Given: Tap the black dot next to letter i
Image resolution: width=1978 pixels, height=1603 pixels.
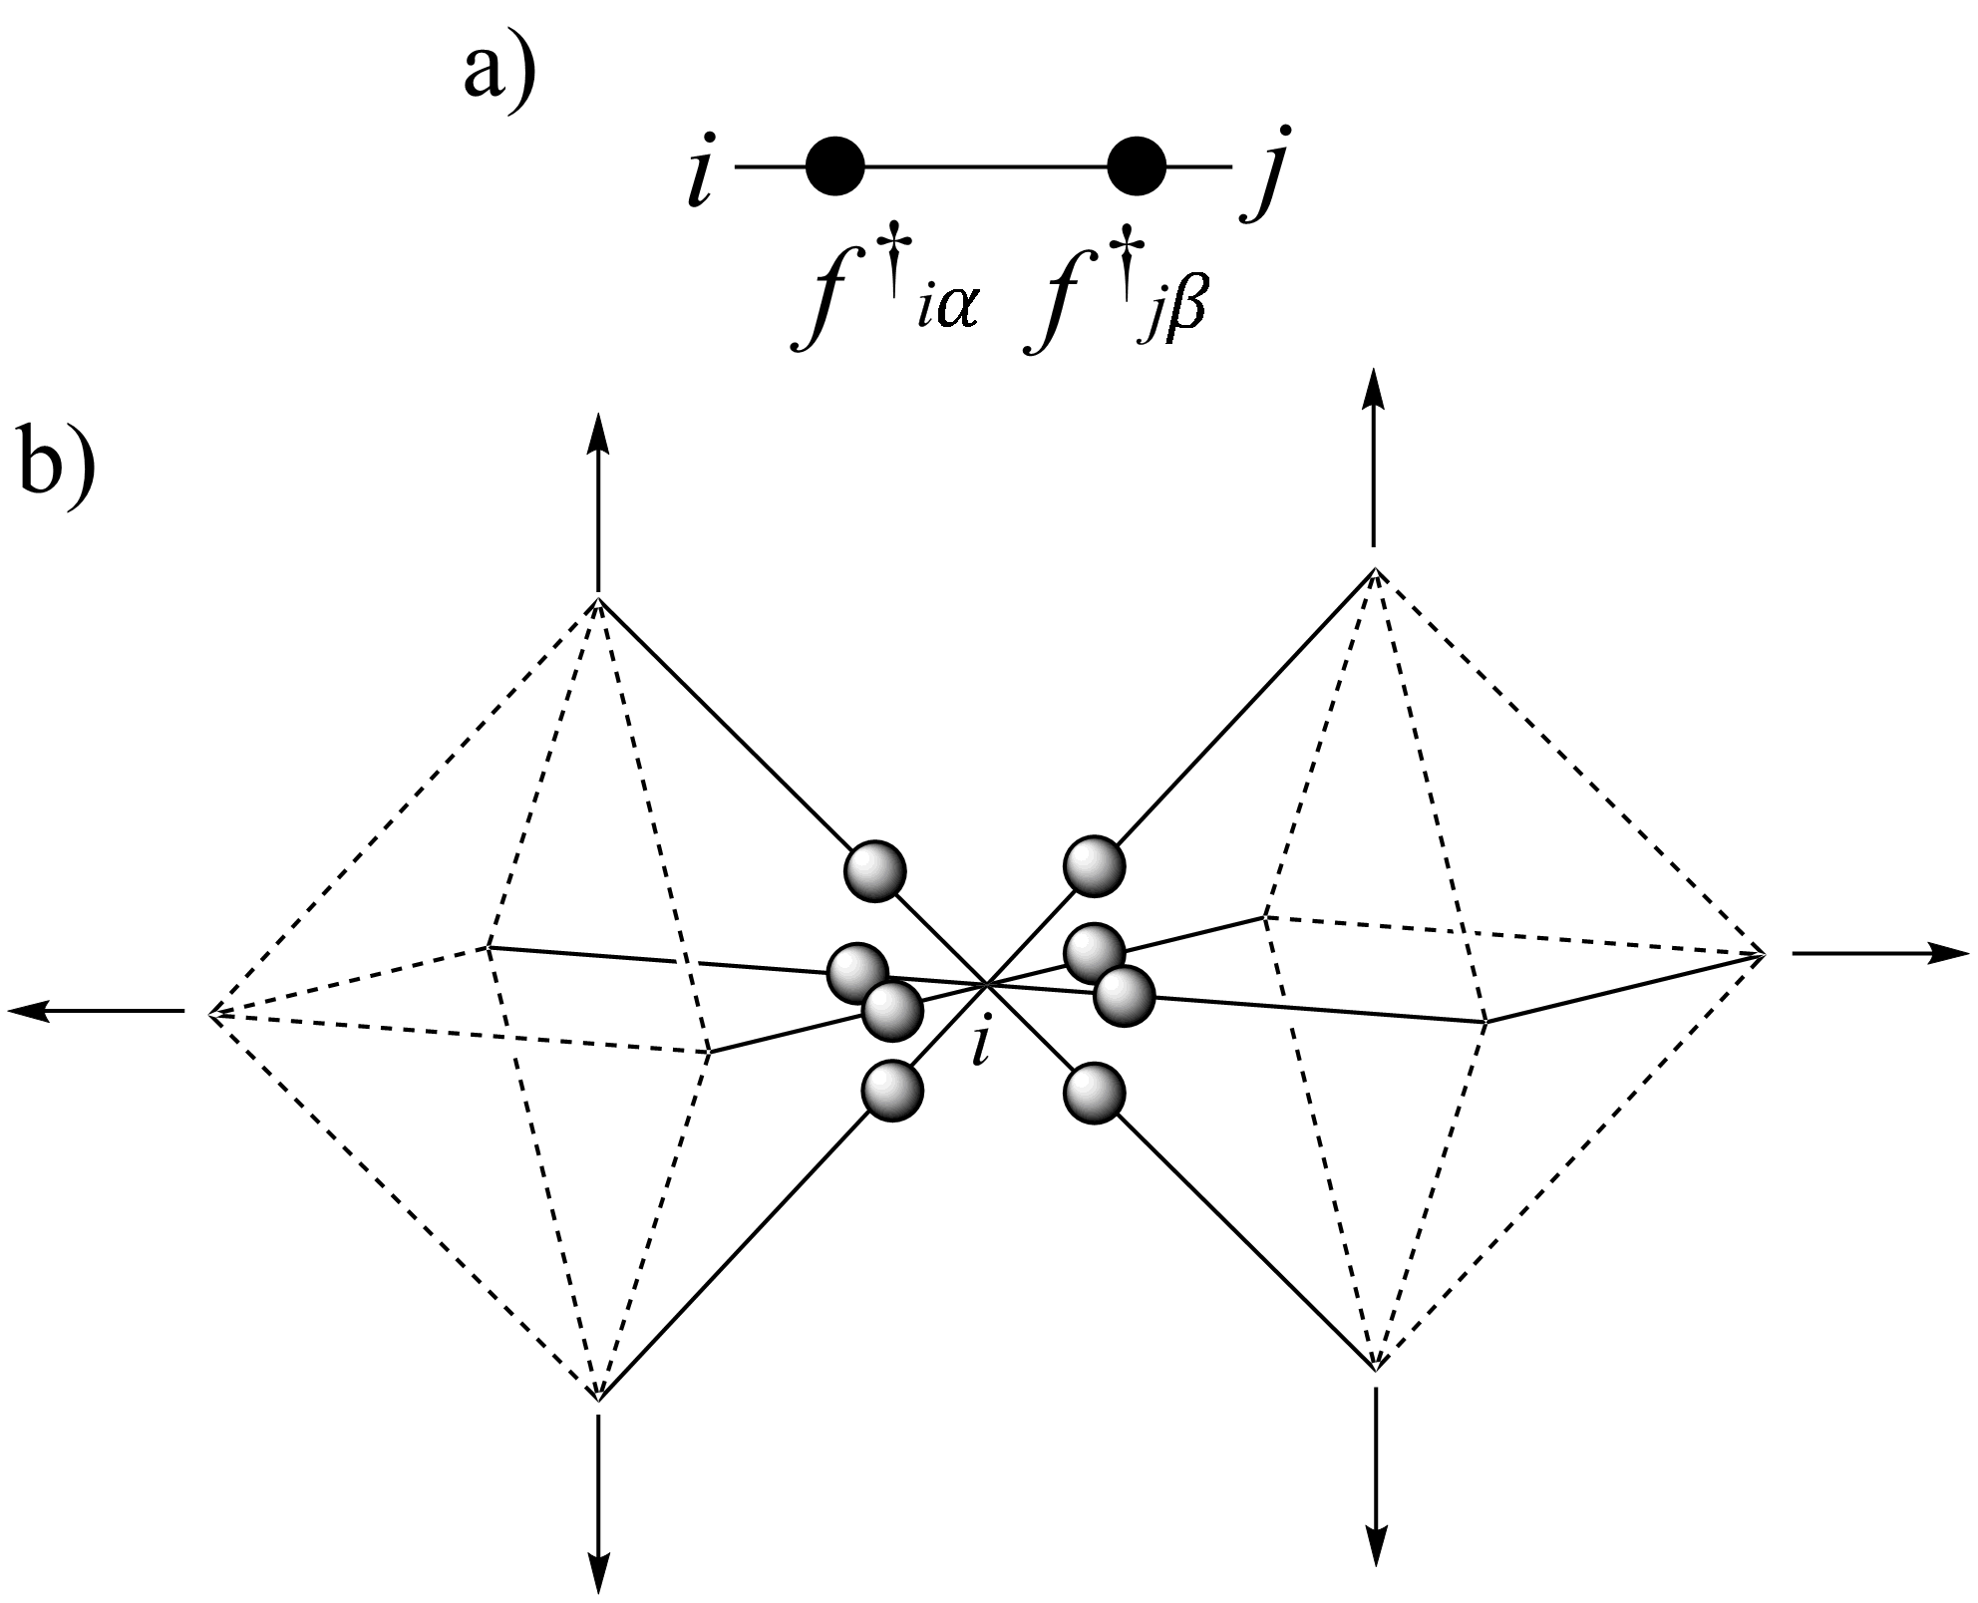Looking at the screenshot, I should (x=834, y=165).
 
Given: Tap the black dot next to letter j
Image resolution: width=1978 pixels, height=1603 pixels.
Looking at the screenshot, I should (x=1137, y=165).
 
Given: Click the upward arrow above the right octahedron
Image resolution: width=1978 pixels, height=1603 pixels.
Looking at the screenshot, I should (x=1375, y=458).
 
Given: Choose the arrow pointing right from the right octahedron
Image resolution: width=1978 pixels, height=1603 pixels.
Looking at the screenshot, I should (x=1880, y=953).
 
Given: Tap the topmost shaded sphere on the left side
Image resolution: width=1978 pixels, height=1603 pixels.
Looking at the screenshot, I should (x=875, y=871).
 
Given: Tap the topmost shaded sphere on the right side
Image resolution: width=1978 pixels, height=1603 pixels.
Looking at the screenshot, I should (x=1095, y=864).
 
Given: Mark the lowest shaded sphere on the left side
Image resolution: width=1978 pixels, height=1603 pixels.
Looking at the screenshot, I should (x=892, y=1091).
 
